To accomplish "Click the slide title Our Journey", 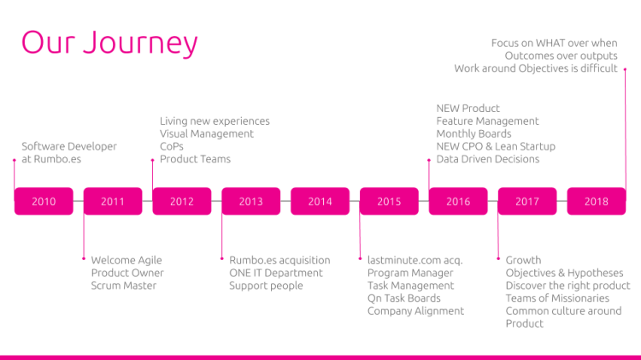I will (109, 44).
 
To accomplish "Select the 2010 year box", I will (44, 202).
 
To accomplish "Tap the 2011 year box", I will (113, 202).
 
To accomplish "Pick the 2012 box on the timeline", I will (182, 202).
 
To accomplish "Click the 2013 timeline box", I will (251, 202).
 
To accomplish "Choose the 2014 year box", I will (320, 202).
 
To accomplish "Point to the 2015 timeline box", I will (389, 202).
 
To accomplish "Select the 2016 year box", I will (458, 202).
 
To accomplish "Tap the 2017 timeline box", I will (527, 202).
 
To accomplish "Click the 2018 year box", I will (597, 202).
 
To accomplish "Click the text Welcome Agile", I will (126, 260).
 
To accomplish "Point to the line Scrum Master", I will (124, 286).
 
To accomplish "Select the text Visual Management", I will (207, 133).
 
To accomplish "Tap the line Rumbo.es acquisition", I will (279, 260).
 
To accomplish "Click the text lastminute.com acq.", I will (415, 260).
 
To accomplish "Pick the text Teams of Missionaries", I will (557, 298).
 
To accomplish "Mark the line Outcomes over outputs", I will (561, 56).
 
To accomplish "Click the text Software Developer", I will (69, 146).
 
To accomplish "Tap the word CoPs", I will (172, 146).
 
